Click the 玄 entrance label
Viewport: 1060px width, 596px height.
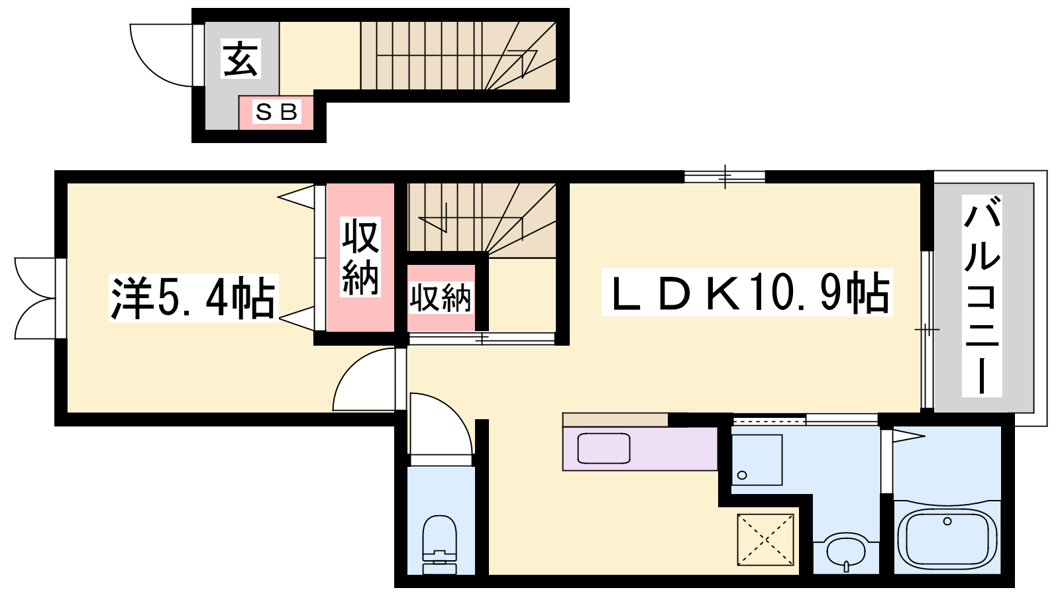(241, 59)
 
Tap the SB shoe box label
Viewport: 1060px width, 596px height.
(276, 112)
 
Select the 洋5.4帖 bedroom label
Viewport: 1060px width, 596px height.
(193, 298)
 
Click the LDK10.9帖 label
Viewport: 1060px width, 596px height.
(747, 292)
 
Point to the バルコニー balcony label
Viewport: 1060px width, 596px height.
(982, 295)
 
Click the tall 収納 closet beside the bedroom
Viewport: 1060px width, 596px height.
(360, 258)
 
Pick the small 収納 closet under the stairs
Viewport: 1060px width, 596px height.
(441, 298)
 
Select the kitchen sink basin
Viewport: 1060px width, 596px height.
(604, 448)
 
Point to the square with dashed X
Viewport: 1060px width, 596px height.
(765, 540)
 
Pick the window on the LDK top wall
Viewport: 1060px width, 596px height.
(725, 177)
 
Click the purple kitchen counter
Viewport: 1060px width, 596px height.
(640, 448)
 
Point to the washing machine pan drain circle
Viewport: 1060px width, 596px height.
(742, 475)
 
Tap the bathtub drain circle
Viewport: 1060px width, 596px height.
(947, 521)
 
